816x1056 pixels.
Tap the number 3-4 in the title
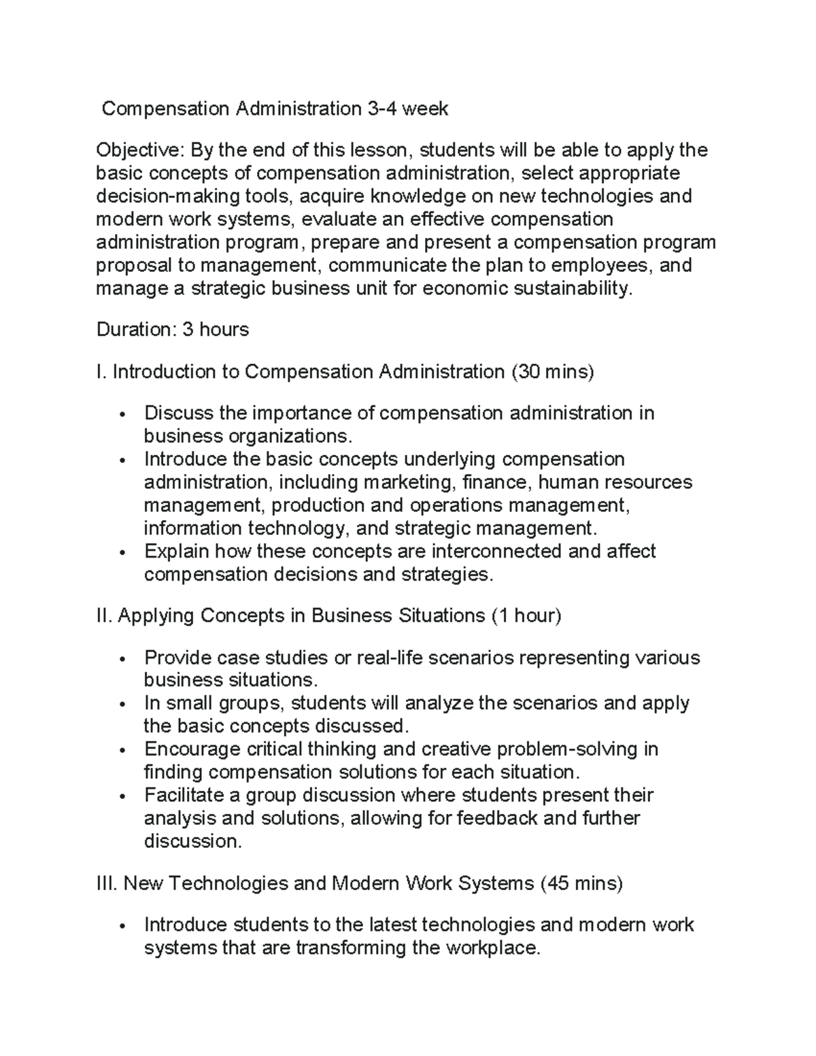[x=381, y=109]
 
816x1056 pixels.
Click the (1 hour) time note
[x=525, y=616]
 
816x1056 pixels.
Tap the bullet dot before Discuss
[x=122, y=415]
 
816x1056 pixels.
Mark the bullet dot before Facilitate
[x=122, y=796]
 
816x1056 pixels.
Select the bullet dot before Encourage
[x=122, y=751]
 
